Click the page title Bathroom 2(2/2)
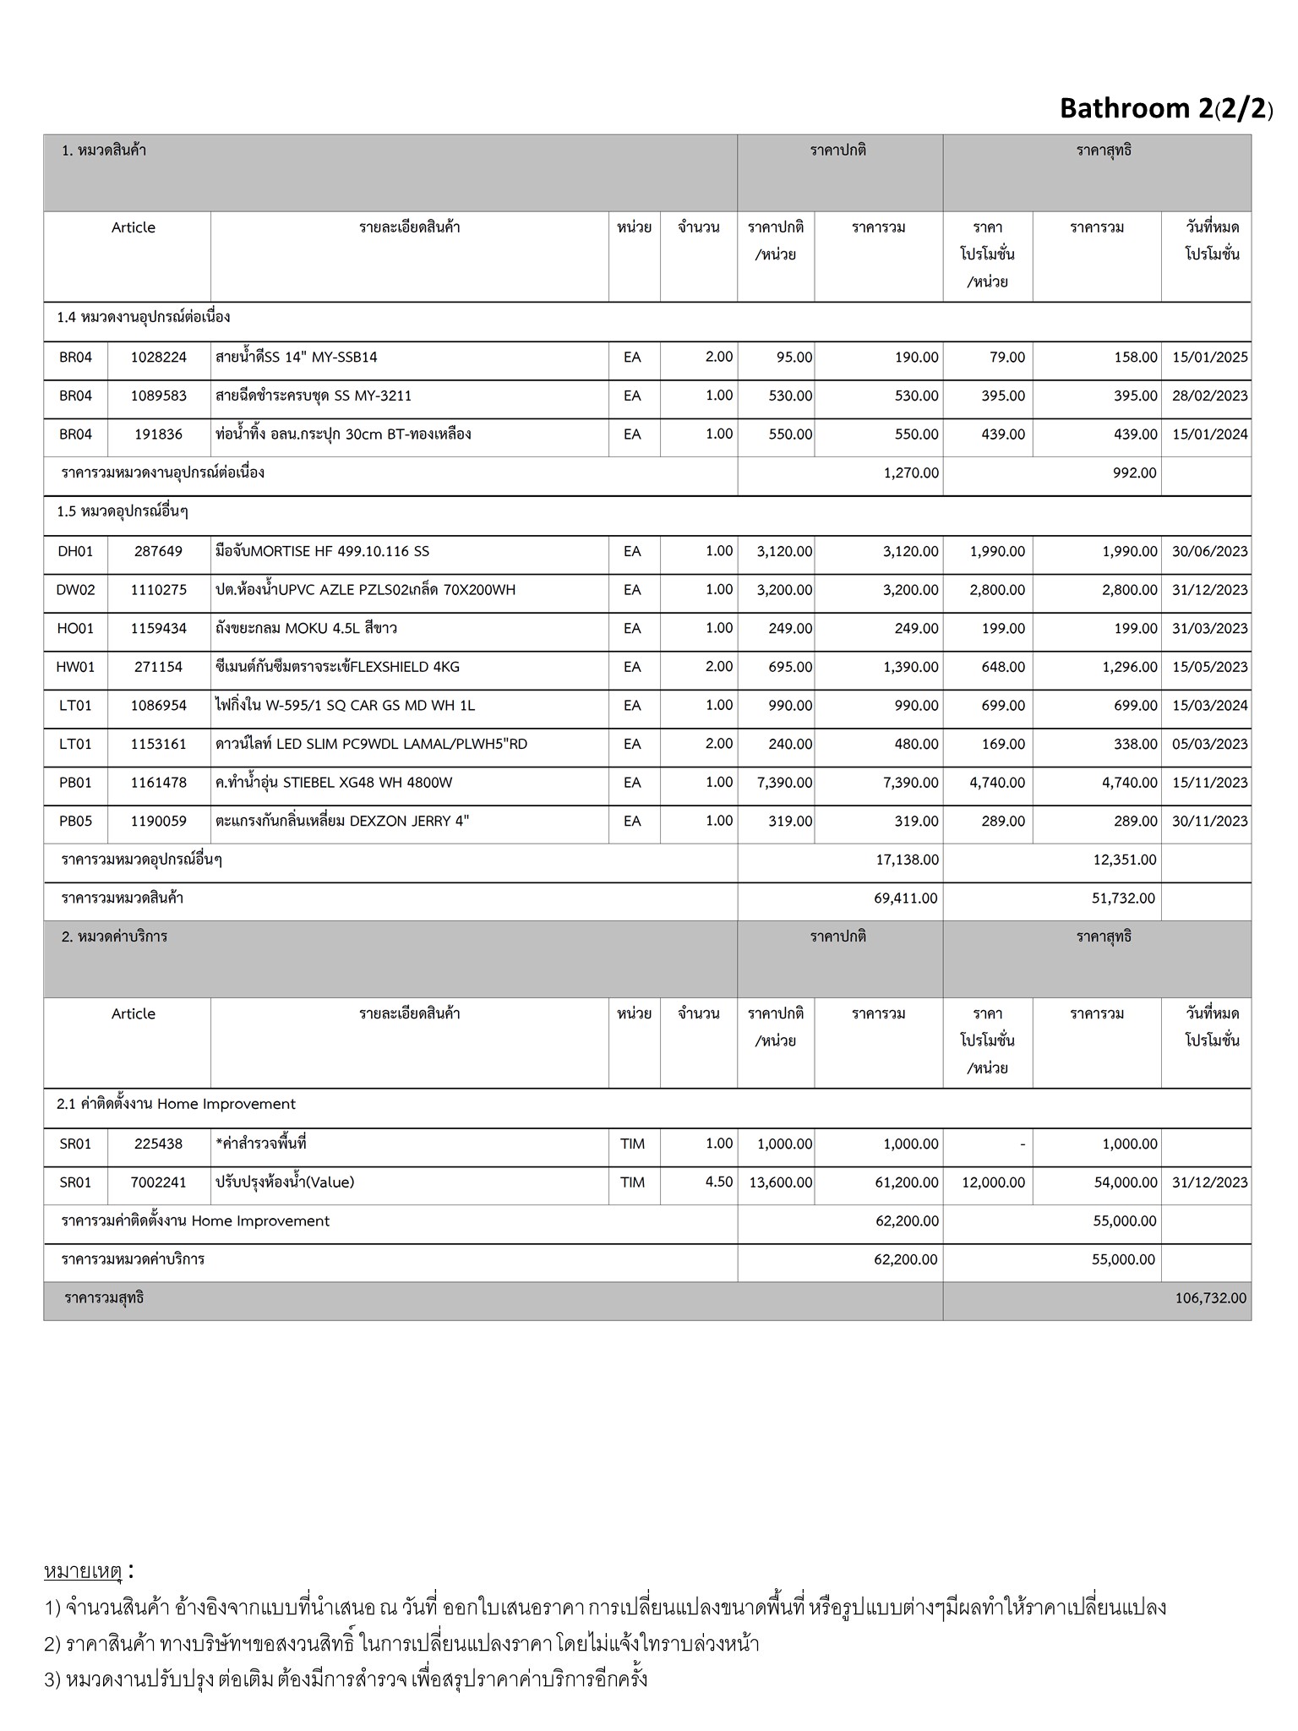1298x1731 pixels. [1165, 108]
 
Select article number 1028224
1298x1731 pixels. [158, 358]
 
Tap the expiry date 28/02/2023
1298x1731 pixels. [1209, 396]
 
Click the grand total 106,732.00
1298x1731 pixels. [1210, 1298]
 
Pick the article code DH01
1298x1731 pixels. [75, 552]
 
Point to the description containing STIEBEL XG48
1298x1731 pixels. [334, 783]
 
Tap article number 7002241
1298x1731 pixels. [158, 1182]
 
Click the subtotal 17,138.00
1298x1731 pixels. [907, 860]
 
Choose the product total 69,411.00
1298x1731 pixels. [906, 898]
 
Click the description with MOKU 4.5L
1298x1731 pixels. [306, 629]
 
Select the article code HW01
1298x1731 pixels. [75, 667]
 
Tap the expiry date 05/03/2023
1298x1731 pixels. [1209, 745]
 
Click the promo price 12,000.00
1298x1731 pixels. [993, 1182]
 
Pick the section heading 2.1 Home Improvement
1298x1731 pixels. [176, 1105]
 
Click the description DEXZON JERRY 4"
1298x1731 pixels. [342, 822]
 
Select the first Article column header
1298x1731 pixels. [134, 228]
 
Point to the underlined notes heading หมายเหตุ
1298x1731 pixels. [83, 1572]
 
